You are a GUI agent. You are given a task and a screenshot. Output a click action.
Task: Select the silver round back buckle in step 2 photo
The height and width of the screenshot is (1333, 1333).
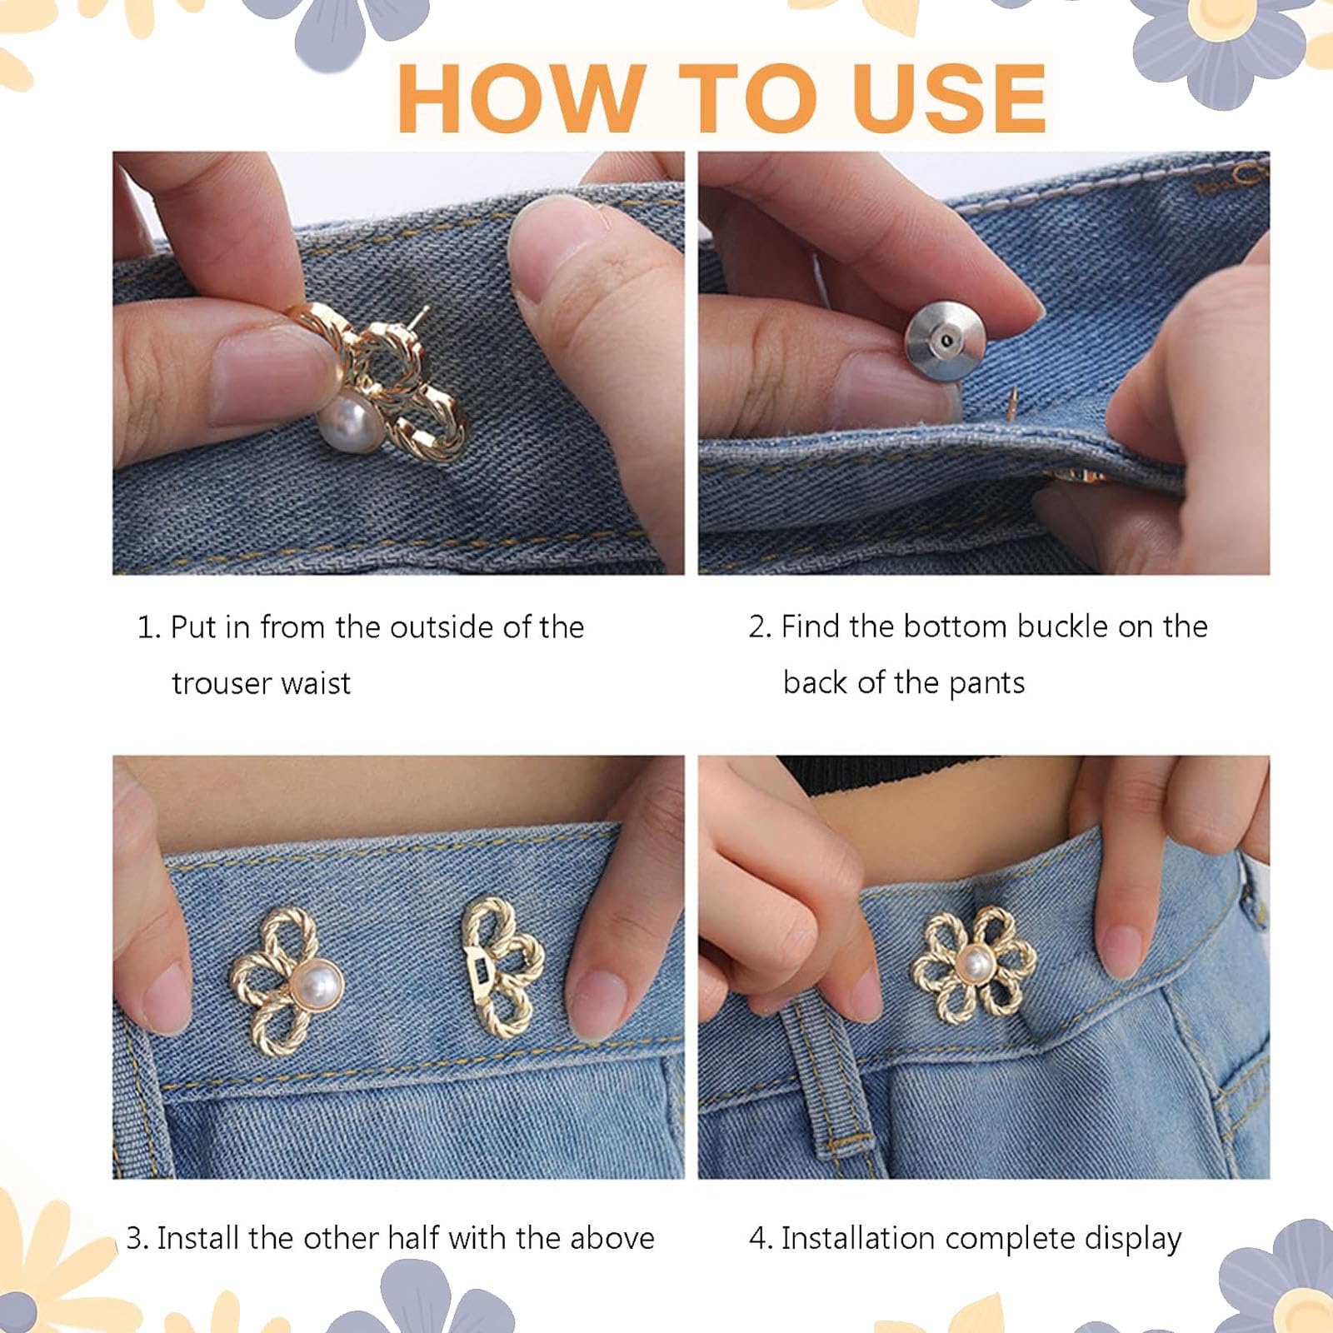945,339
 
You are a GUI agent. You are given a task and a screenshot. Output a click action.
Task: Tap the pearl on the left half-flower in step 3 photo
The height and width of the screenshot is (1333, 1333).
316,987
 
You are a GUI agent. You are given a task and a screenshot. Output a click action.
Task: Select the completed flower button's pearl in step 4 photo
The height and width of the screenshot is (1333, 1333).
974,965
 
